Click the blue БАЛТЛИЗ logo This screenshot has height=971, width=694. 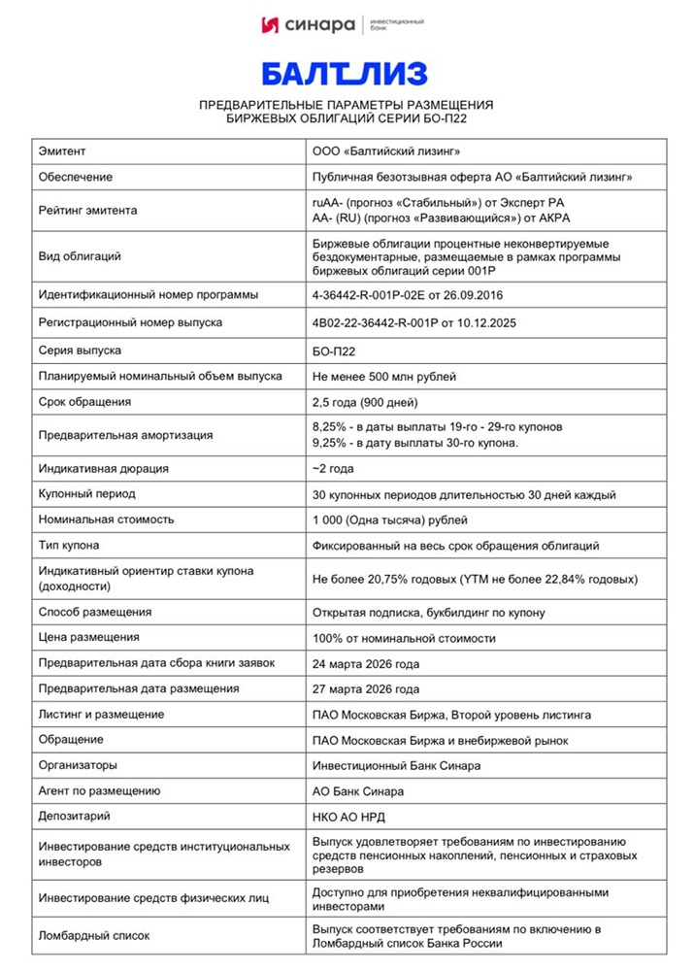(346, 74)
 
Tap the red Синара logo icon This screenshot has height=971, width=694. (273, 24)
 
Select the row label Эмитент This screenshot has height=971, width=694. (62, 151)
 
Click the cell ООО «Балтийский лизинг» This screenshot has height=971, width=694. (385, 151)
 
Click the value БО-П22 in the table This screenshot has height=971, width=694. (335, 350)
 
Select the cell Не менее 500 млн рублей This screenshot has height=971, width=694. (383, 376)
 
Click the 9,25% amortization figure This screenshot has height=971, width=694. (330, 443)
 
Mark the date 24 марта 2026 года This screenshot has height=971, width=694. (366, 663)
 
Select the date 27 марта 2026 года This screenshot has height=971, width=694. (366, 689)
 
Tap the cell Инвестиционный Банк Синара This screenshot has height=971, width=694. (396, 765)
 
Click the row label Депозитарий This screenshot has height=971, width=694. (75, 817)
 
